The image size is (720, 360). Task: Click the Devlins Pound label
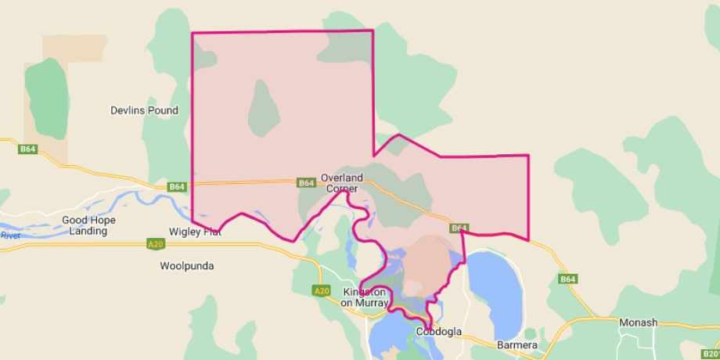(144, 110)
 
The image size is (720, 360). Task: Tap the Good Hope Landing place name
(88, 225)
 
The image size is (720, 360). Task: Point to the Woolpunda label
(187, 266)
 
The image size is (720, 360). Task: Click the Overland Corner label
(342, 183)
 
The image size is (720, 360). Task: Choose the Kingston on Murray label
(364, 297)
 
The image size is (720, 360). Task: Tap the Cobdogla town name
(438, 332)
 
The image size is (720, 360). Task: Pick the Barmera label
(517, 345)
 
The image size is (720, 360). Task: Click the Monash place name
(638, 322)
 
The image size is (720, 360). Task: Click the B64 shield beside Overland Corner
(306, 183)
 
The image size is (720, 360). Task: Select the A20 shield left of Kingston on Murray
(321, 291)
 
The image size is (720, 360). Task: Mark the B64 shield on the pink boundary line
(459, 228)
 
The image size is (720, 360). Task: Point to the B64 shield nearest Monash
(567, 279)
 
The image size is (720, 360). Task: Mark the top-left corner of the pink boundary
(192, 33)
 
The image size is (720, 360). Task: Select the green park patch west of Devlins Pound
(46, 98)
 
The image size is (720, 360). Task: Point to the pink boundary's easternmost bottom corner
(528, 239)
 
